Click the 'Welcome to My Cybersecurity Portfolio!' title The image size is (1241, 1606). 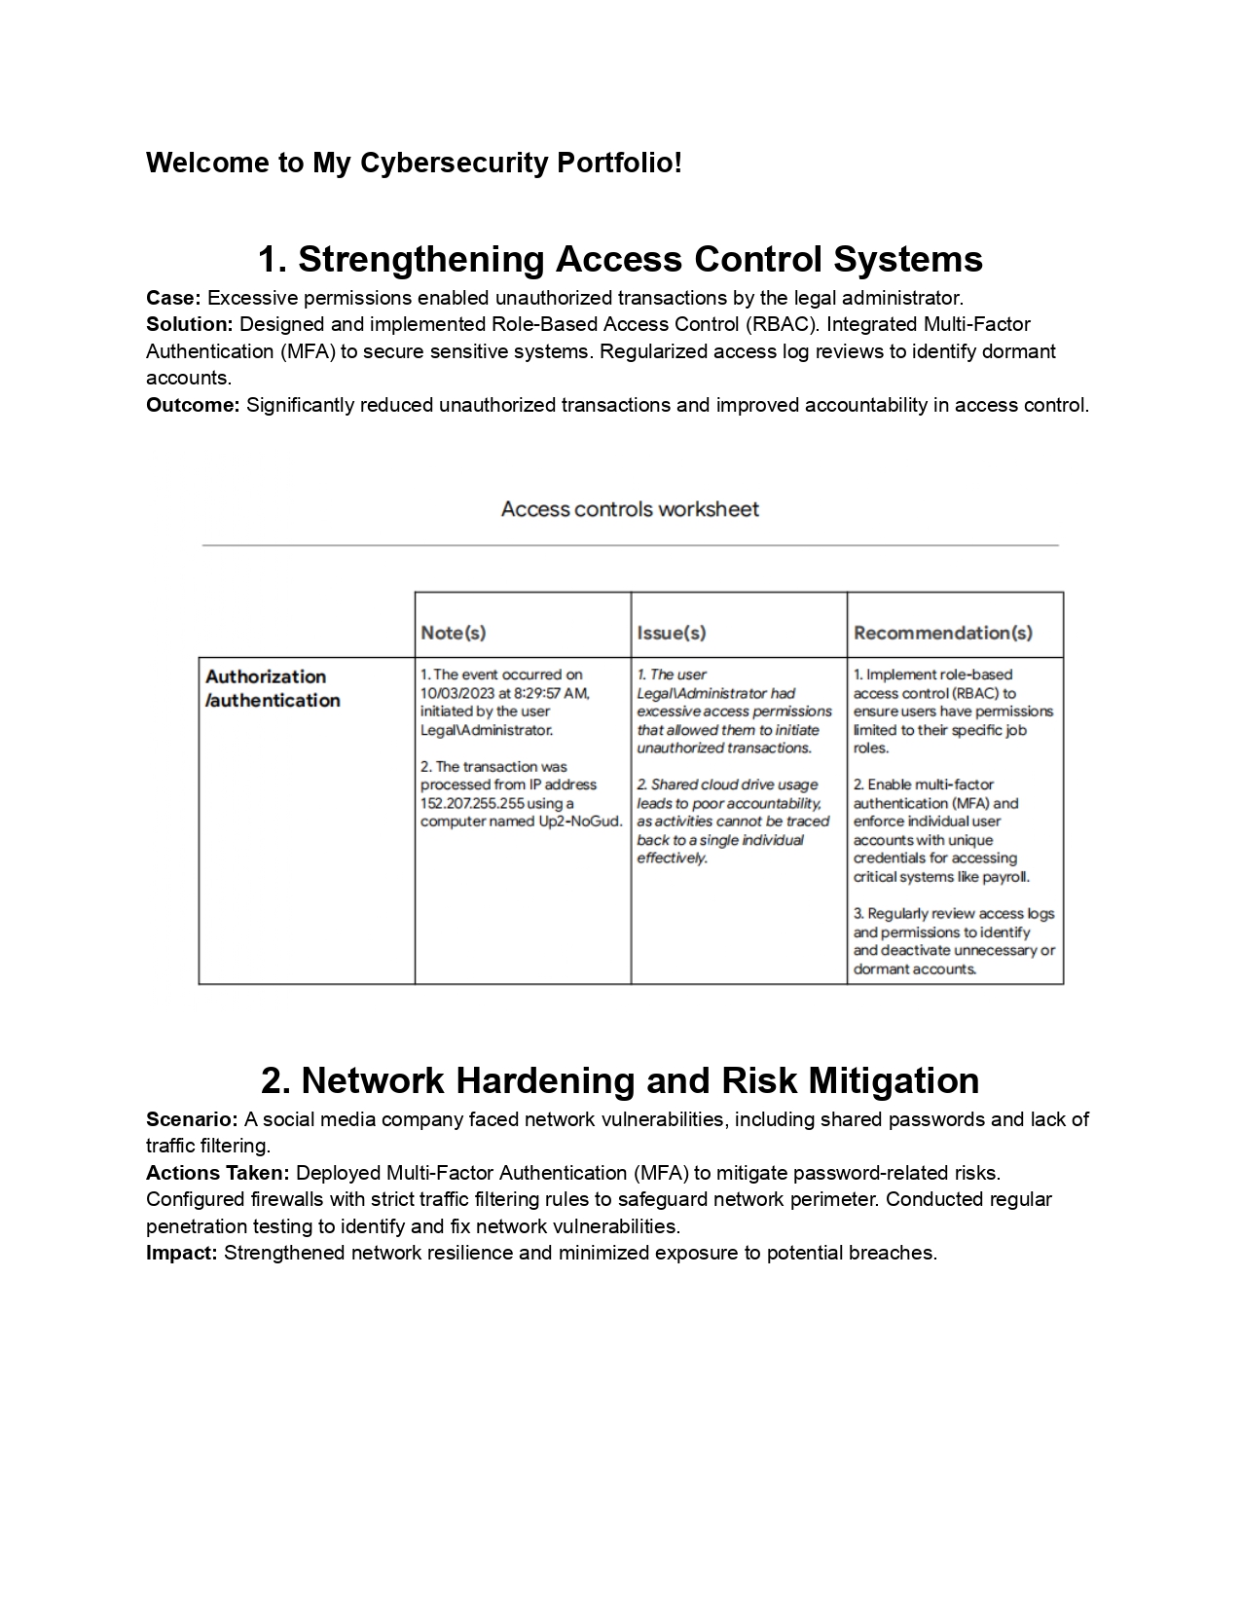[x=414, y=163]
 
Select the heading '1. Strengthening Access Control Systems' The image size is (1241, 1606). [x=620, y=259]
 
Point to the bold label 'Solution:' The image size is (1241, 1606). [x=190, y=324]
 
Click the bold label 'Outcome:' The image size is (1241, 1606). [x=193, y=405]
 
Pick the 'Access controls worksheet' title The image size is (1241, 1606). [x=630, y=509]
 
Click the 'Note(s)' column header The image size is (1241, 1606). [x=453, y=633]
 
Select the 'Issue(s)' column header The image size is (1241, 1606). [x=671, y=633]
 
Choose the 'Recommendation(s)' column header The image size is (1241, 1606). [x=942, y=633]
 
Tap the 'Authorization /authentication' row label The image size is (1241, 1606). [x=272, y=688]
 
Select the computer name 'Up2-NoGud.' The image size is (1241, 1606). [x=580, y=821]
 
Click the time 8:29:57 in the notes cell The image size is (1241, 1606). [x=537, y=693]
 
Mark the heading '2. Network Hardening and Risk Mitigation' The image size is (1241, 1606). [x=620, y=1080]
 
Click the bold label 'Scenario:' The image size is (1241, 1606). [x=192, y=1119]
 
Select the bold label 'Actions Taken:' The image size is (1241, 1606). [x=218, y=1173]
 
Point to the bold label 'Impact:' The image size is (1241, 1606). [x=182, y=1253]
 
